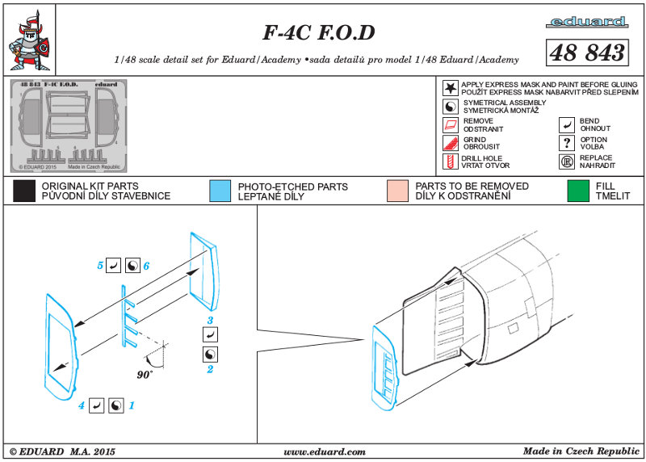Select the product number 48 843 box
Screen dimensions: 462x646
587,52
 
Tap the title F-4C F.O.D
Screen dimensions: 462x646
319,33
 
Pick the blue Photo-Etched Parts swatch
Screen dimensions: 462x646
219,191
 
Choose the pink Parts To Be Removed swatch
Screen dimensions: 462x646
398,191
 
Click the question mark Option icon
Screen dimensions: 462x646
567,143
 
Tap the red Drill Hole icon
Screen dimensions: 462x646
450,162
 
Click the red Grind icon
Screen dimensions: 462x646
450,143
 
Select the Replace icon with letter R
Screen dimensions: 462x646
567,162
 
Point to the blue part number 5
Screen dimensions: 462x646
101,265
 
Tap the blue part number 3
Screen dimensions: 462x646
209,321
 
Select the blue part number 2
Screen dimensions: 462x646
209,369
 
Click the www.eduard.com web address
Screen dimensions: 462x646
325,451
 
